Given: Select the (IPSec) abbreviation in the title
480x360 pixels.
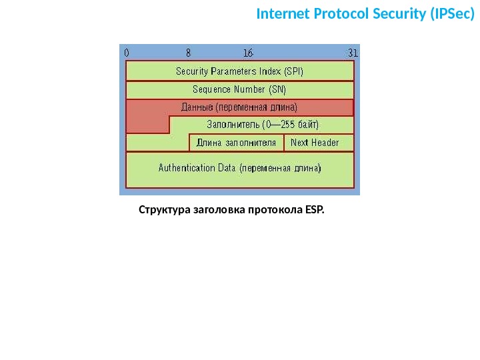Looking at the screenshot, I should tap(452, 14).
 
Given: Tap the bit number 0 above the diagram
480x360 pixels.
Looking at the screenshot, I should tap(127, 52).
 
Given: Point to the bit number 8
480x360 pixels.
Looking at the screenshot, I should tap(189, 52).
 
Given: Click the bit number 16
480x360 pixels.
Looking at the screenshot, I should tap(248, 52).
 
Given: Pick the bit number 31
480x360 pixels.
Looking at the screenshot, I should tap(353, 52).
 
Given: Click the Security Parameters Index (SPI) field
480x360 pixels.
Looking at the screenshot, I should tap(239, 71).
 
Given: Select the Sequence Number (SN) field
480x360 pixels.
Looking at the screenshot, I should tap(239, 89).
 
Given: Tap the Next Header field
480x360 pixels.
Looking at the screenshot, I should tap(315, 143).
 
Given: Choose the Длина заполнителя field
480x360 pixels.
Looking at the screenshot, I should tap(236, 143).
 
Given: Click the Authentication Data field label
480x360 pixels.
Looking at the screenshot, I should tap(239, 169).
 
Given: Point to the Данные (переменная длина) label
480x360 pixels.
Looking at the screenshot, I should tap(239, 107).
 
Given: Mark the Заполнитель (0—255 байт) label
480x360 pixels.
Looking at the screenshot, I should tap(263, 125).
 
